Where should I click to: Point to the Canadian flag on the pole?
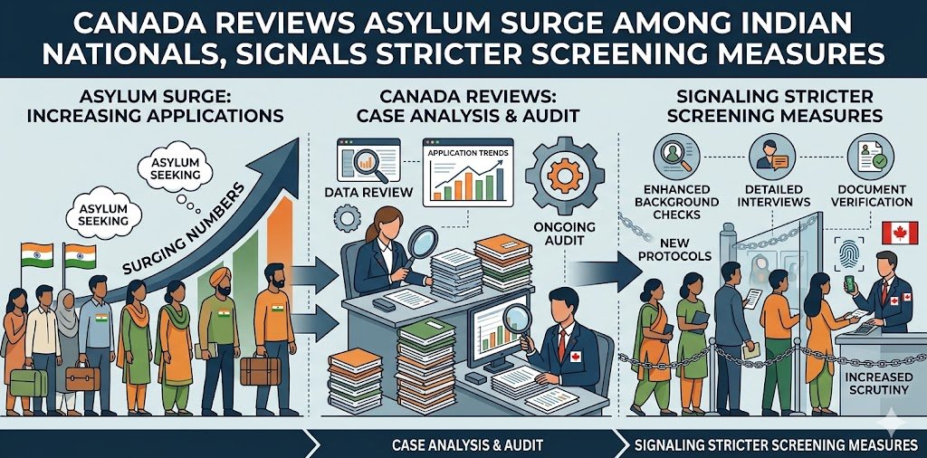click(x=899, y=233)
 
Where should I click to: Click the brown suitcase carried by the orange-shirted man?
click(x=261, y=368)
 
